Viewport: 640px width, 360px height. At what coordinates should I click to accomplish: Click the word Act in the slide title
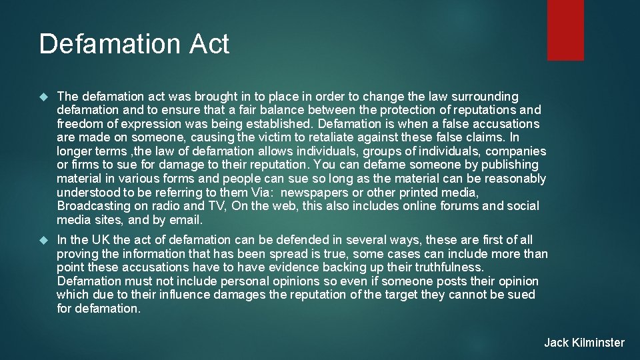click(x=209, y=44)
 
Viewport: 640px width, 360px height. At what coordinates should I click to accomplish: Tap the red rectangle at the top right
click(x=565, y=30)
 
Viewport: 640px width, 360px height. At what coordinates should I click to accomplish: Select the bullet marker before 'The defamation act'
click(x=44, y=97)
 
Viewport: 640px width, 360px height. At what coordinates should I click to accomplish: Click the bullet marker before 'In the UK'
click(x=44, y=240)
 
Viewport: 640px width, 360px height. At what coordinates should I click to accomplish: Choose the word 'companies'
click(x=517, y=151)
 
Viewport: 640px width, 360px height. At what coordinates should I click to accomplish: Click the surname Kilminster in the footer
click(x=597, y=343)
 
